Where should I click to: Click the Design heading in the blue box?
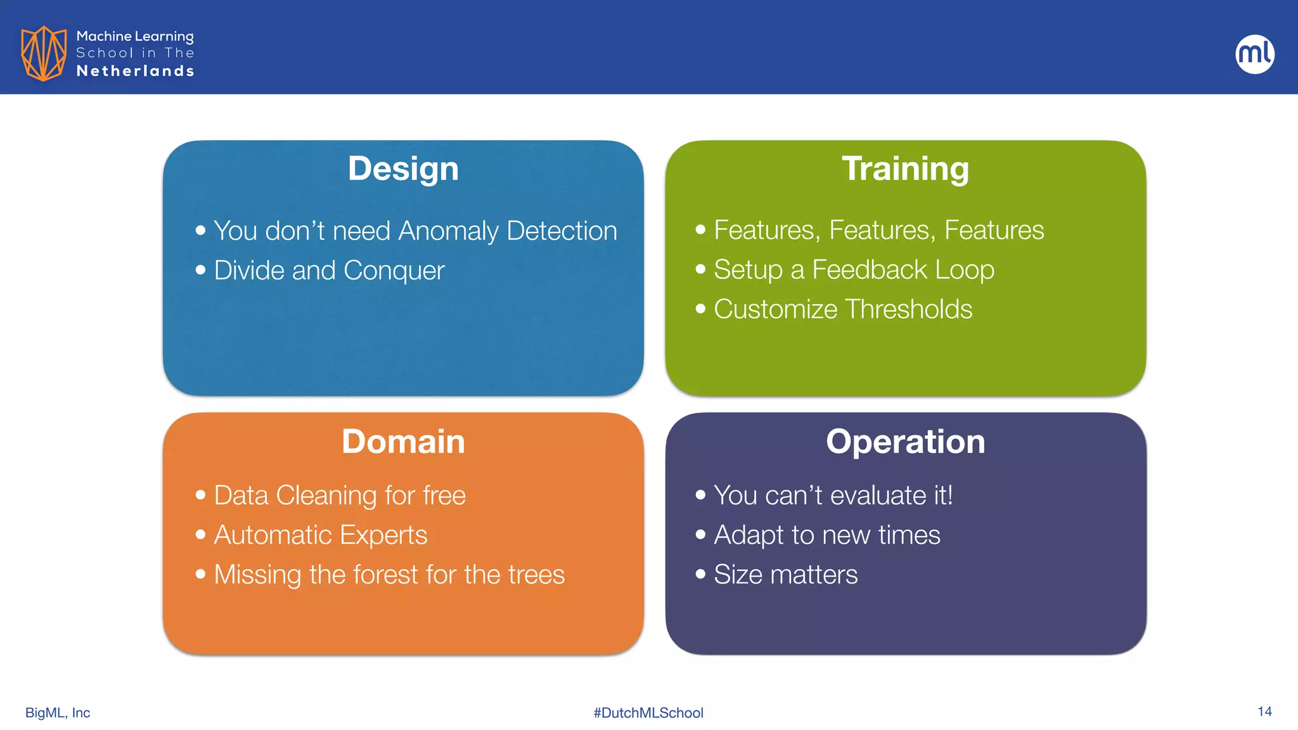[x=403, y=169]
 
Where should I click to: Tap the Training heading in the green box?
[x=905, y=169]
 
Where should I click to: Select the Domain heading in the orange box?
[x=403, y=442]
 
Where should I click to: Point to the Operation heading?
[x=905, y=442]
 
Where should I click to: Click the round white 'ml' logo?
[x=1254, y=54]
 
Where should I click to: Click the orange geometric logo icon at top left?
[x=44, y=53]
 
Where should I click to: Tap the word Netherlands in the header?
[x=135, y=71]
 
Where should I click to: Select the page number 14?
[x=1264, y=712]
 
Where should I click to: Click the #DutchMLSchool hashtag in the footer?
[x=648, y=713]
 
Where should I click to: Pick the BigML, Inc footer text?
[x=58, y=713]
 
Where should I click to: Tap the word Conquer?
[x=394, y=271]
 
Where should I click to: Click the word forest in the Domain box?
[x=385, y=575]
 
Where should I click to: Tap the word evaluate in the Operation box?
[x=878, y=496]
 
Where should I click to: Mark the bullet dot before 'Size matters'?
[x=700, y=574]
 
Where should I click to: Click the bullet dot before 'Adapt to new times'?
[x=700, y=534]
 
